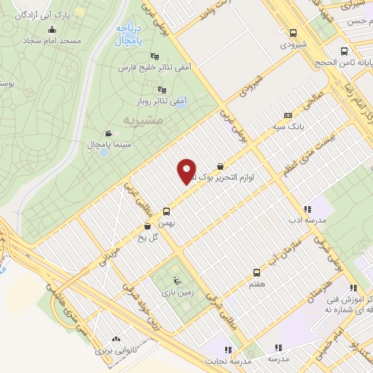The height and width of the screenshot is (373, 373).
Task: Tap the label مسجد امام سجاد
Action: click(52, 42)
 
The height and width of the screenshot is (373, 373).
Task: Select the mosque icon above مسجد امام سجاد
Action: click(52, 30)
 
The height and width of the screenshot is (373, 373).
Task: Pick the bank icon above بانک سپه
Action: click(288, 115)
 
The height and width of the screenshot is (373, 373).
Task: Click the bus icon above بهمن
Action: click(166, 211)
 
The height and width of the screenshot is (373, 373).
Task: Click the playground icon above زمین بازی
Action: click(175, 280)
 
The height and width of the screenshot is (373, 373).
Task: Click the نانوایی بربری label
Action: click(116, 350)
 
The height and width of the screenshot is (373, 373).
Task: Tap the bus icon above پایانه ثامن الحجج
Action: click(345, 51)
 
